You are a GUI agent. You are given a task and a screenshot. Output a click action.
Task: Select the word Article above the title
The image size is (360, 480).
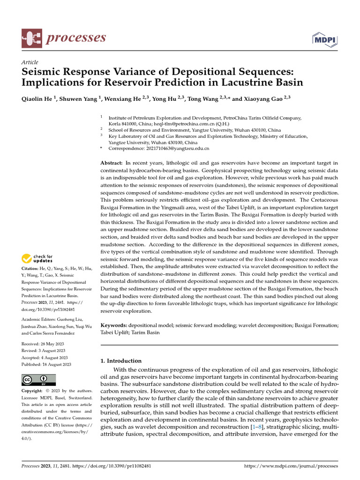[30, 62]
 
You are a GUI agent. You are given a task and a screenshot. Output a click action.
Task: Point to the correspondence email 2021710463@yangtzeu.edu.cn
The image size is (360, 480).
[159, 148]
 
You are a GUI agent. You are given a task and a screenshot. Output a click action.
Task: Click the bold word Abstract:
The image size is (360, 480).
[112, 163]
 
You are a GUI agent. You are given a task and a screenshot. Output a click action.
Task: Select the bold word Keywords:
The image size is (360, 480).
[114, 325]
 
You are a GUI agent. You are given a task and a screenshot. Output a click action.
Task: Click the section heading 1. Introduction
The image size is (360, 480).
[121, 361]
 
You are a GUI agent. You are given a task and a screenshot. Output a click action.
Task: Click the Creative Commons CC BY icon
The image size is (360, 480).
[38, 380]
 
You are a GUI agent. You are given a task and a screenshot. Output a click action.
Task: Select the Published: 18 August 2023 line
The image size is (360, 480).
[46, 364]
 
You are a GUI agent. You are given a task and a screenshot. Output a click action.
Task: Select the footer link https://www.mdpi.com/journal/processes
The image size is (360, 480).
[292, 466]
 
